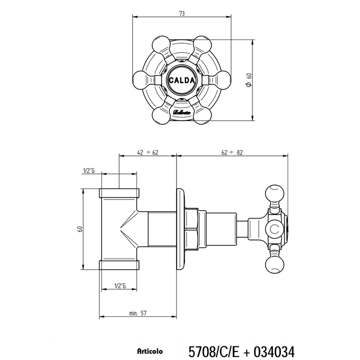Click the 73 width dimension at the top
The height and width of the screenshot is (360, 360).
click(182, 14)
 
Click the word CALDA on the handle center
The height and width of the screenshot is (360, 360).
click(182, 80)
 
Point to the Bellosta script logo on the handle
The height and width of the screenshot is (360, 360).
click(182, 112)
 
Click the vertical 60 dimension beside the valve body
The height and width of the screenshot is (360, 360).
click(79, 229)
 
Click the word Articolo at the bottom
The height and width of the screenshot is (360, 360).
click(148, 352)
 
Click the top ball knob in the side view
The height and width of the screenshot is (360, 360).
click(274, 194)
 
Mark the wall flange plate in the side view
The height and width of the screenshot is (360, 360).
click(181, 229)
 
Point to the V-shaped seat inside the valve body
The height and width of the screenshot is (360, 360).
click(127, 229)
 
